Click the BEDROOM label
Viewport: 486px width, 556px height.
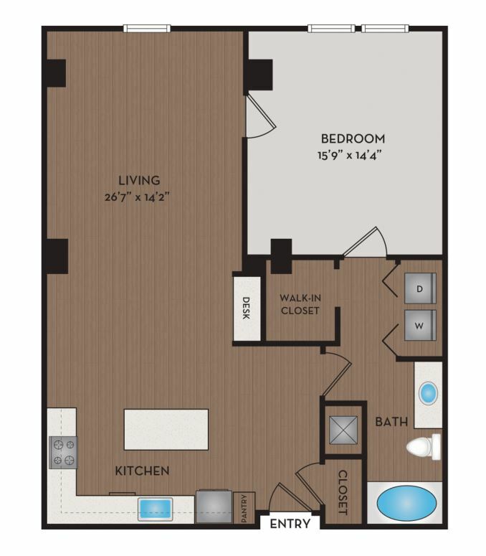tap(353, 138)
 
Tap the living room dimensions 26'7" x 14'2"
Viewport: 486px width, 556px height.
tap(138, 197)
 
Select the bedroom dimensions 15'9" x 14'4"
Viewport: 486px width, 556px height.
tap(349, 155)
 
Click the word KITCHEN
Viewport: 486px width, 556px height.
tap(142, 471)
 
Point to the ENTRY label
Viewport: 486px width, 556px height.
tap(290, 524)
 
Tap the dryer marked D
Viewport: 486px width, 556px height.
tap(420, 288)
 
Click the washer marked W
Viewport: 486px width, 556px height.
tap(420, 326)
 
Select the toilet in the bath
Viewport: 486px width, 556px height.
tap(424, 447)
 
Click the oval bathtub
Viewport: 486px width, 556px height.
tap(406, 504)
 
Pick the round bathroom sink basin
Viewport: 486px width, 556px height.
tap(428, 393)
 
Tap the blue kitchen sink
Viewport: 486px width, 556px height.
tap(156, 509)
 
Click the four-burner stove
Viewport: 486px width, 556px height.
tap(63, 452)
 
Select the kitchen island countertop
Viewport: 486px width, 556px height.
tap(166, 430)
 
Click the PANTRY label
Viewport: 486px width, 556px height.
tap(244, 508)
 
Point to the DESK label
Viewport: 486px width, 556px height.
tap(246, 308)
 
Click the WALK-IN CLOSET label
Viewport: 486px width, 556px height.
tap(300, 304)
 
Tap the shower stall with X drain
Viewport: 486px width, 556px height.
tap(343, 430)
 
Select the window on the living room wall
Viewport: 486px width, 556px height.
tap(147, 29)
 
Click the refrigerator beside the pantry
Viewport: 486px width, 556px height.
tap(214, 506)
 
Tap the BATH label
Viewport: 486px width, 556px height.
tap(391, 422)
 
